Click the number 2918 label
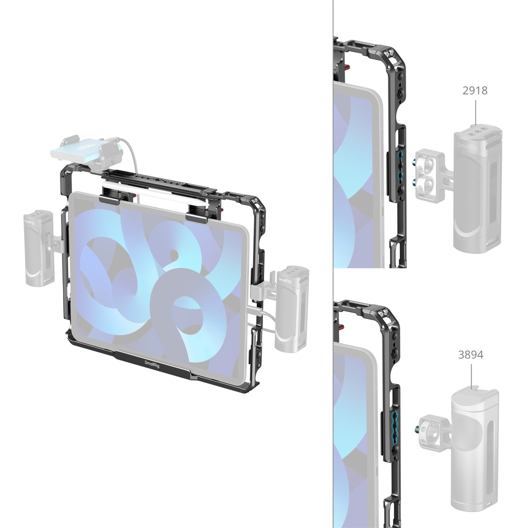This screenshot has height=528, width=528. click(x=475, y=91)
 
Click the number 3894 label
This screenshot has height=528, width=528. click(x=471, y=355)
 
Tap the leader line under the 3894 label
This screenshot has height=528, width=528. click(x=471, y=375)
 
